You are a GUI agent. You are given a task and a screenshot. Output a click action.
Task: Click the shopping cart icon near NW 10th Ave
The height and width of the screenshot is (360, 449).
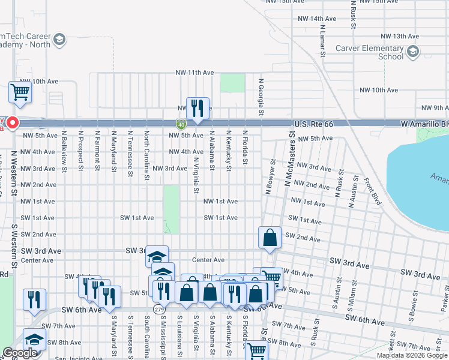tap(20, 93)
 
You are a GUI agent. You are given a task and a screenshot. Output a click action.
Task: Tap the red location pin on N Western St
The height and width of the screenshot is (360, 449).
tap(11, 124)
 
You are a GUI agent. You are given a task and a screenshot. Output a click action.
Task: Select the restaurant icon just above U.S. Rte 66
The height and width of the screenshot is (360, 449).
tap(197, 108)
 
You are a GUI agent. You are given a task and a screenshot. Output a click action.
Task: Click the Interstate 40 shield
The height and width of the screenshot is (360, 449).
tap(181, 124)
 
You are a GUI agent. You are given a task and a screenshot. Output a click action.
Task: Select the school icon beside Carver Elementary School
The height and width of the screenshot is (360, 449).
tap(412, 53)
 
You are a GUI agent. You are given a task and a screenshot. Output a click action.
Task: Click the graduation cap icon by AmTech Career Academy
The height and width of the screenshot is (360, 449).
tap(59, 40)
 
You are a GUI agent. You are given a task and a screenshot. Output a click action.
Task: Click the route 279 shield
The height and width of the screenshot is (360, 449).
tap(158, 309)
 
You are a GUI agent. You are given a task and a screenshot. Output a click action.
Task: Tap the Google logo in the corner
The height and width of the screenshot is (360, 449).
tap(20, 353)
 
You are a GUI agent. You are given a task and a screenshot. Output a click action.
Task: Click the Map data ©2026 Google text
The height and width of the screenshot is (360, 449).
tap(412, 355)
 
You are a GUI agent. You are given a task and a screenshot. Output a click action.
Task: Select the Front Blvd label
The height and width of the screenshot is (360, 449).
tap(372, 191)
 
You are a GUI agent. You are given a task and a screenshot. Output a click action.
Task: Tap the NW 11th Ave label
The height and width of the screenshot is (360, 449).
tap(196, 73)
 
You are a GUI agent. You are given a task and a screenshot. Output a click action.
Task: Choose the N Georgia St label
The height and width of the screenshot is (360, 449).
tap(261, 96)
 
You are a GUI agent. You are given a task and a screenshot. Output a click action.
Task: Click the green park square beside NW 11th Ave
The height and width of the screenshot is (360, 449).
tap(232, 83)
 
